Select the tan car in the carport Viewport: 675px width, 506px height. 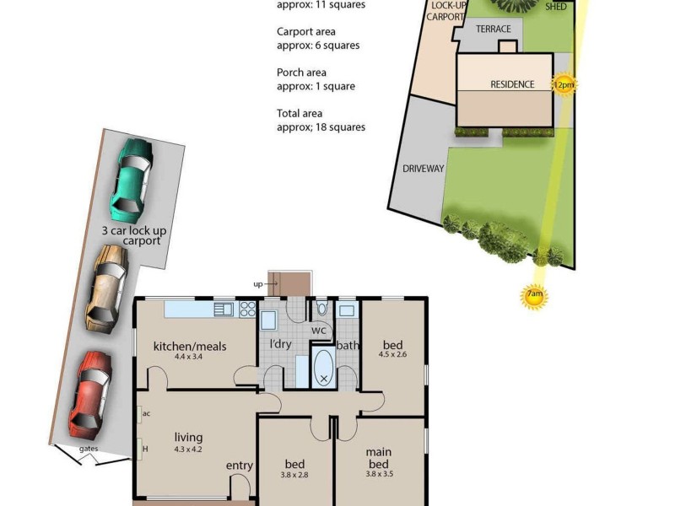[106, 287]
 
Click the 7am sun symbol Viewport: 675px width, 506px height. [533, 296]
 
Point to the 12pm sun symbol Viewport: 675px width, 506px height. [563, 85]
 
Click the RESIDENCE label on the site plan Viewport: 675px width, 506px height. [512, 84]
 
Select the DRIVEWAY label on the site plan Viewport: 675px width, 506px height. [423, 169]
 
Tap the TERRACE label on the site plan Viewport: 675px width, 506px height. [494, 29]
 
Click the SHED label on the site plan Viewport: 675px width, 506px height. [556, 6]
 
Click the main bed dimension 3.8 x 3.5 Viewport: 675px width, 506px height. [379, 474]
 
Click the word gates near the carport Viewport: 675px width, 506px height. [88, 449]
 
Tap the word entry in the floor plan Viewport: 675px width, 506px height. [239, 466]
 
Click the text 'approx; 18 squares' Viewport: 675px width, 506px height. [321, 127]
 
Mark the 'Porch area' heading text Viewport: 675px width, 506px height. [301, 73]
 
